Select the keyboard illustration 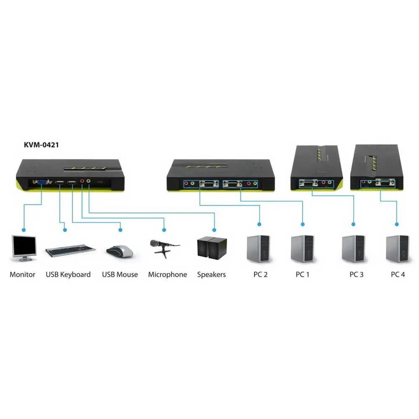point(70,250)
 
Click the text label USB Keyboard point(68,275)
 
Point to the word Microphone point(167,275)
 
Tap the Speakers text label point(211,275)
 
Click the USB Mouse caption point(120,275)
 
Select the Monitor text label point(23,275)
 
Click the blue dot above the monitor point(24,230)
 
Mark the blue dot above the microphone point(164,230)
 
